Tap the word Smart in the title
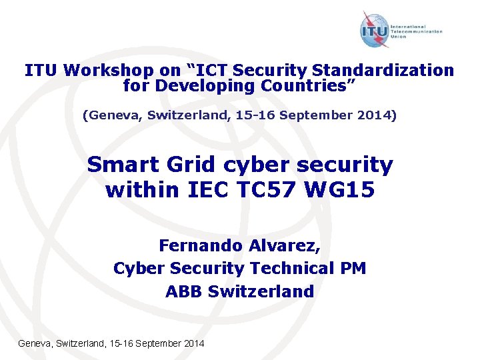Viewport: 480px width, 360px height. pyautogui.click(x=119, y=164)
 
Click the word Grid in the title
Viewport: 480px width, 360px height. pyautogui.click(x=181, y=164)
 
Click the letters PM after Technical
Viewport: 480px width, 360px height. pyautogui.click(x=353, y=269)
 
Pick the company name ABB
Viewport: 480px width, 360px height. pyautogui.click(x=185, y=291)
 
